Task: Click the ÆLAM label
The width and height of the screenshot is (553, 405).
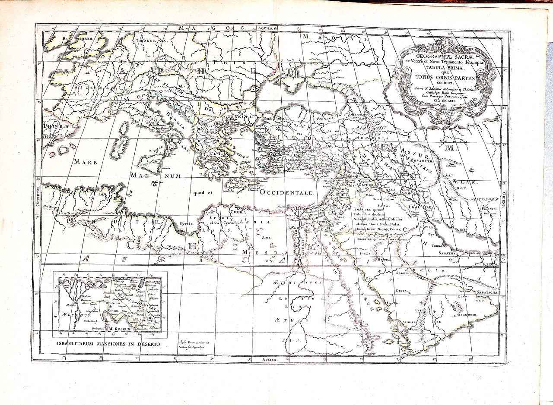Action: (x=464, y=182)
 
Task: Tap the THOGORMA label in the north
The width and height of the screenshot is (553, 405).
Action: (x=151, y=42)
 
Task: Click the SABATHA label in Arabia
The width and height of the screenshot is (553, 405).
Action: (x=447, y=253)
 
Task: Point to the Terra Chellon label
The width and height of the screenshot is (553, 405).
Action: (x=383, y=200)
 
